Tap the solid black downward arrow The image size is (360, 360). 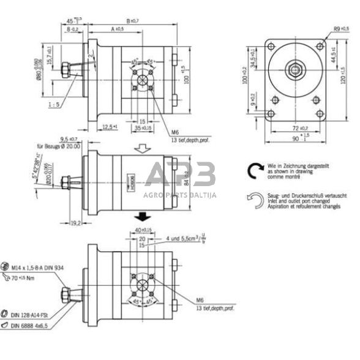coord(143,216)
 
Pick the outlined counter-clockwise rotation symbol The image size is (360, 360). coord(255,198)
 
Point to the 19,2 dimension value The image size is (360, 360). coord(76,223)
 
